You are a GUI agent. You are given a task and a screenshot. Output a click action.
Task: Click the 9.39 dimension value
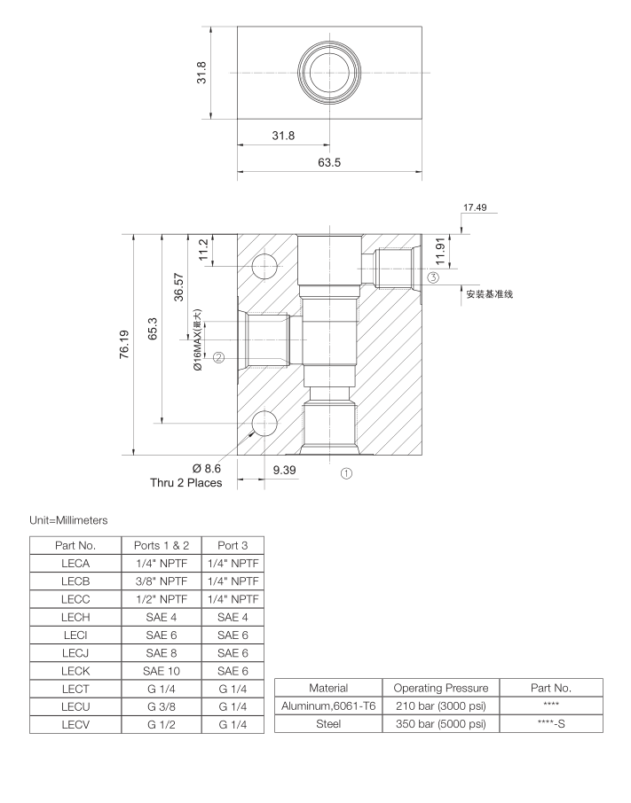click(x=284, y=470)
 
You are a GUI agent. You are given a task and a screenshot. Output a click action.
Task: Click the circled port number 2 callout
click(x=218, y=358)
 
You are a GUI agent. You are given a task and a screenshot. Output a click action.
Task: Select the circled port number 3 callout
click(x=433, y=277)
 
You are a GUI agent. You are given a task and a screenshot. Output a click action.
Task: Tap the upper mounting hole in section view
click(x=264, y=267)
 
